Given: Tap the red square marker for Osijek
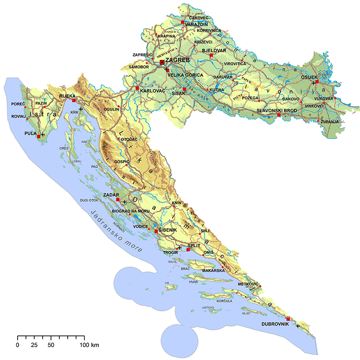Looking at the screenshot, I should pos(317,82).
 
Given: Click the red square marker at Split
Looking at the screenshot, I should pos(188,250).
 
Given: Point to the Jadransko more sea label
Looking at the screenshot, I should pos(119,232).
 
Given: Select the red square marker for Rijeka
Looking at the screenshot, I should pos(74,100).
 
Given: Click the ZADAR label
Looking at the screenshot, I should pos(111,195).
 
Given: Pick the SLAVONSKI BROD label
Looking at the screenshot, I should pos(277,110).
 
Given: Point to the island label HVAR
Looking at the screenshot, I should pos(193,281).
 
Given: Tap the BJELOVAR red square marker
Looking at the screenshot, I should pos(211,55).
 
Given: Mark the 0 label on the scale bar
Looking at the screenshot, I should pos(18,346).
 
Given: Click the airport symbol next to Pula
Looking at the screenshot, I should pos(43,135).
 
